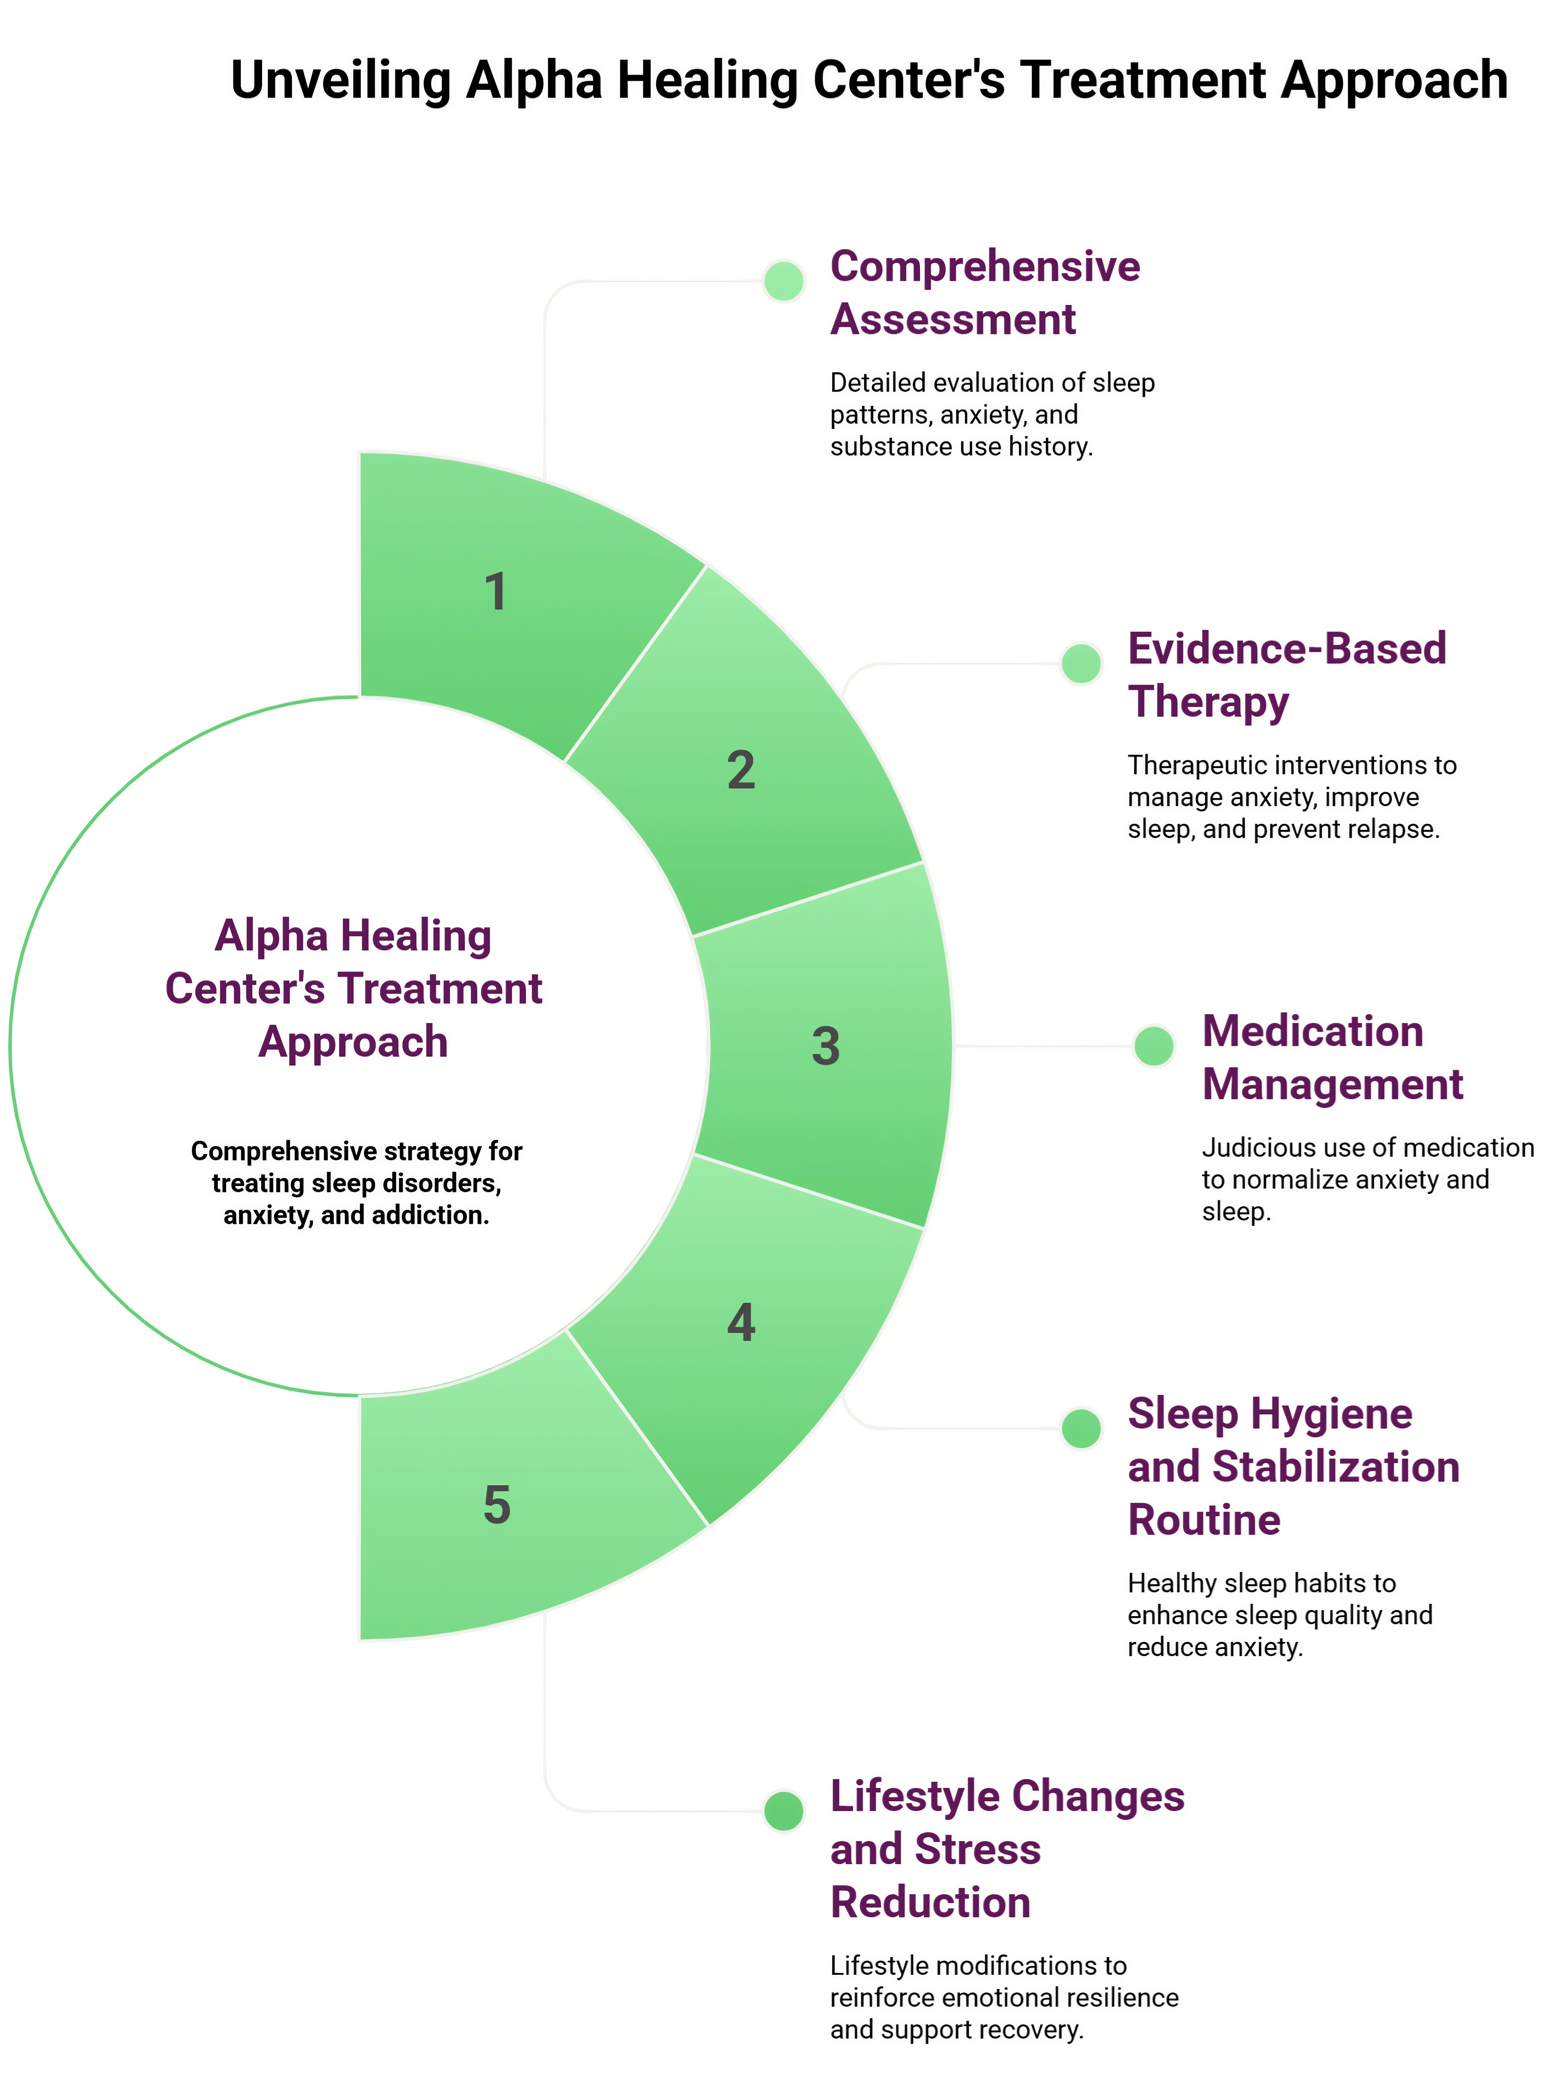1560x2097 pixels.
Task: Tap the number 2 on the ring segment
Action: (741, 770)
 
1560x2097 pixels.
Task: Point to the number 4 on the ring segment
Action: (741, 1323)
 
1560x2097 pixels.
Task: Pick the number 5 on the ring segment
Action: (497, 1505)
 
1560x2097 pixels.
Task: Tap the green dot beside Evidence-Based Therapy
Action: (1081, 663)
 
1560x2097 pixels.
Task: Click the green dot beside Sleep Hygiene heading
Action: (1081, 1428)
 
